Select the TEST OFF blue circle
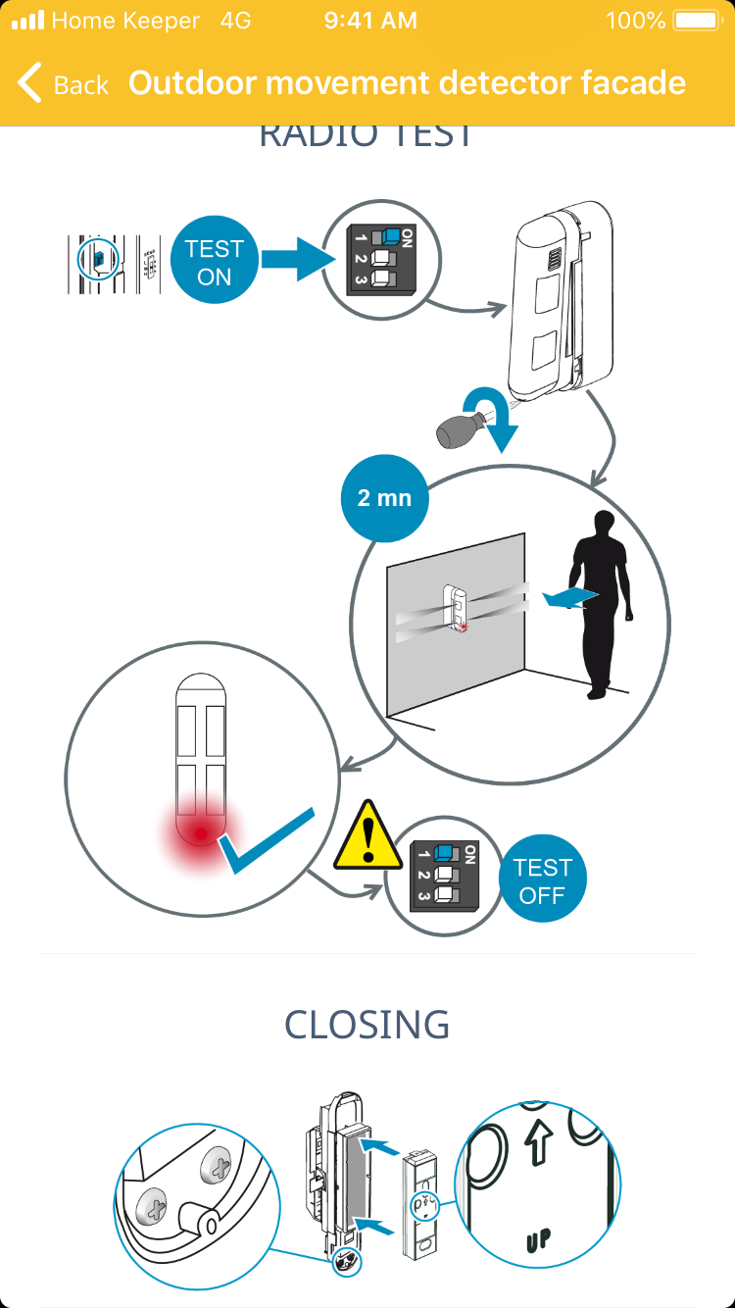[x=542, y=880]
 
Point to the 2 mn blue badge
[x=384, y=498]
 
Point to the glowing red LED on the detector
[x=200, y=834]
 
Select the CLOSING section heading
[x=367, y=1025]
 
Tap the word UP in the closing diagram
[x=537, y=1238]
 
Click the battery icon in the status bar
[x=697, y=21]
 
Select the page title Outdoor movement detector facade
[x=407, y=83]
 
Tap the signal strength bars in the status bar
[x=27, y=21]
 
